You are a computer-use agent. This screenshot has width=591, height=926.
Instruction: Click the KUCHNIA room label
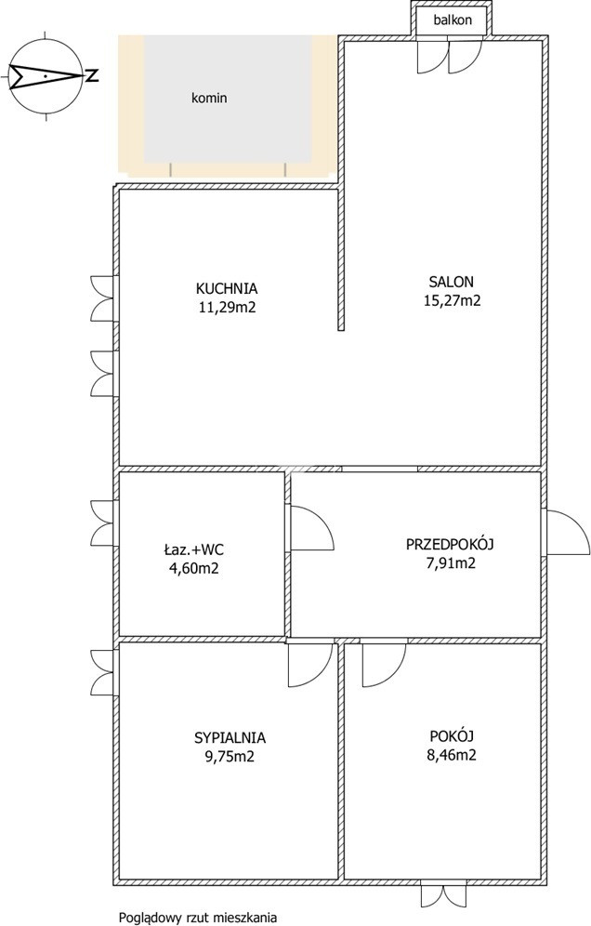(227, 289)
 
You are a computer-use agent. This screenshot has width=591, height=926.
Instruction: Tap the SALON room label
(451, 282)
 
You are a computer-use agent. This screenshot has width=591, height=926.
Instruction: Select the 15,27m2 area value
(452, 300)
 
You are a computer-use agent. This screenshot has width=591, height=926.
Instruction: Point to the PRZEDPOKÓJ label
(450, 544)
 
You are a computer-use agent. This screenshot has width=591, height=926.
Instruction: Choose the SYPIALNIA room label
(230, 737)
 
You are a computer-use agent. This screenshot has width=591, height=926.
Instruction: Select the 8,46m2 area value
(452, 755)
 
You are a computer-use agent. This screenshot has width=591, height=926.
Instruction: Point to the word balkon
(453, 20)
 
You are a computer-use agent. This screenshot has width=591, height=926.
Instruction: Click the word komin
(209, 98)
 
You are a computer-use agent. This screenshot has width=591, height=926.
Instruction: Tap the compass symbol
(46, 76)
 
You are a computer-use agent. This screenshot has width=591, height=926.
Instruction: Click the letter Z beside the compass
(91, 76)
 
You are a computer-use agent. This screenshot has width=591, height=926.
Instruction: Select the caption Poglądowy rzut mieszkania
(198, 918)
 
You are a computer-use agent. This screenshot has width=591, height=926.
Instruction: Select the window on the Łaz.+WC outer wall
(104, 523)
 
